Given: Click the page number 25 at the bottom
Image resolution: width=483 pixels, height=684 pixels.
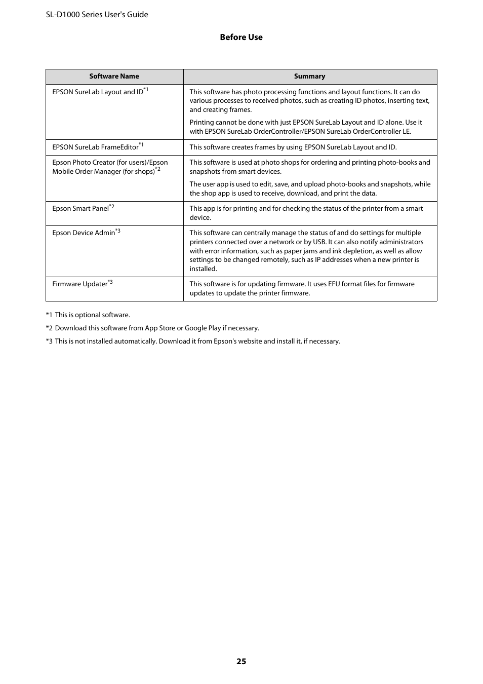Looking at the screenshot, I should (241, 661).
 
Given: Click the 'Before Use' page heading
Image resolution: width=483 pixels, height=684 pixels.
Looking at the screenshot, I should (241, 37).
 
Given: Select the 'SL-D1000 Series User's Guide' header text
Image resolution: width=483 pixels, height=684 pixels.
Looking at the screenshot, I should (97, 15).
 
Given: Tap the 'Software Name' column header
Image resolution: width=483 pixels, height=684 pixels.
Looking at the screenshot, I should (114, 77).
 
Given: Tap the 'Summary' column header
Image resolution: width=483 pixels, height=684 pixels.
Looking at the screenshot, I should (309, 77).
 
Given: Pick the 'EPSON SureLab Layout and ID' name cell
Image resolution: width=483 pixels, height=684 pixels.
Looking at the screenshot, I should (100, 92).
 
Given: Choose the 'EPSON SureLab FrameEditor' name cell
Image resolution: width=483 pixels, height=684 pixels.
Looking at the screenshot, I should (97, 147).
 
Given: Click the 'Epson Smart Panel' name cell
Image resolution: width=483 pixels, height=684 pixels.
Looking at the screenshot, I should (83, 208).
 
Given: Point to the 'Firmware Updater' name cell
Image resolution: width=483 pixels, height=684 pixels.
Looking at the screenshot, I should (82, 284).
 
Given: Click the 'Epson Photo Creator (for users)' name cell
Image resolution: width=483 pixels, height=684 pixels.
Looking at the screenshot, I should (110, 167).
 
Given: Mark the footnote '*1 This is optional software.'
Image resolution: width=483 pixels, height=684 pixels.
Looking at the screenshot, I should (88, 315).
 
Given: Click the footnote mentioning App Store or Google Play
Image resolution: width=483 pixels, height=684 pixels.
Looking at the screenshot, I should (152, 328).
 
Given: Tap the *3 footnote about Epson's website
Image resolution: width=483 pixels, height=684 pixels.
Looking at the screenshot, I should (193, 341).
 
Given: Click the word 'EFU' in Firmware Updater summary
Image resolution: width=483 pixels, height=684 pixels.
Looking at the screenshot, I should (334, 284).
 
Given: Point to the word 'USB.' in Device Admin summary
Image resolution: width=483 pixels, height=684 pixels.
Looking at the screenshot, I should (319, 242).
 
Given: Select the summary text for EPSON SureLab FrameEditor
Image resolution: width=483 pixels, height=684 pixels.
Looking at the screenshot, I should (293, 147).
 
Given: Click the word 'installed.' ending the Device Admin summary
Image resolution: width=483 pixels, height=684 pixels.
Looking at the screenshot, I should (203, 269).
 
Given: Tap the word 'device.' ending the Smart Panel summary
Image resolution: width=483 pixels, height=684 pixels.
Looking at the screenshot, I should (200, 217).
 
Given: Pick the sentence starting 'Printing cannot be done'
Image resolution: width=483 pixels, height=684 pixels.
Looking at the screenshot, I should (306, 127).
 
